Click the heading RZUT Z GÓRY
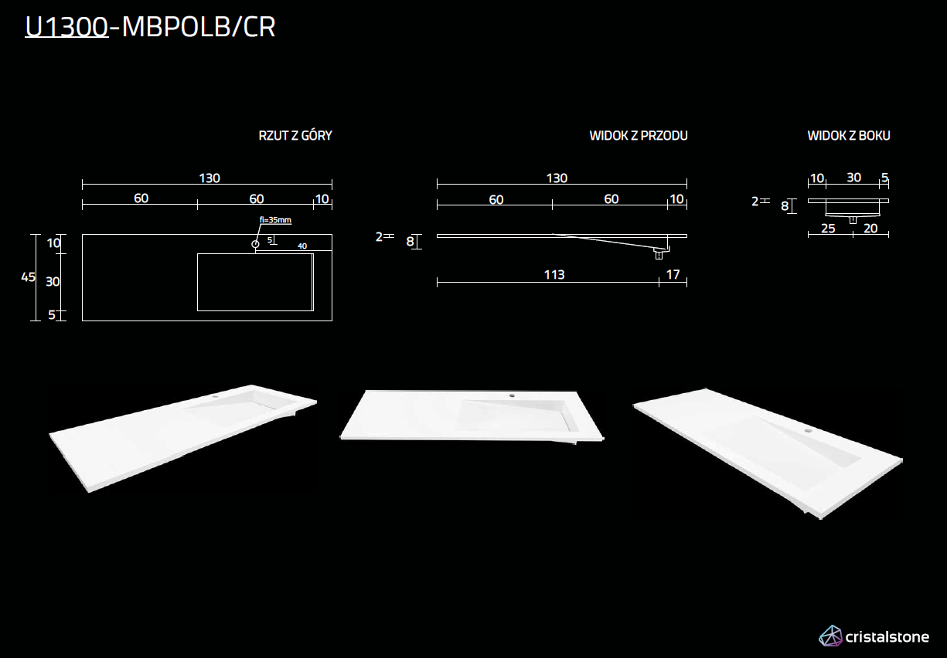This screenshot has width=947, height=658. point(295,136)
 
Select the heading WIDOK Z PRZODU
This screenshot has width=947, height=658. point(638,136)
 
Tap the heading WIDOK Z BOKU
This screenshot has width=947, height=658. point(849,136)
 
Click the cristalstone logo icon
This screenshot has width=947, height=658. point(830,636)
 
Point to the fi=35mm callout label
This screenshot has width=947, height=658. point(276,220)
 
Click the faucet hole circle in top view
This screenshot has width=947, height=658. point(255,244)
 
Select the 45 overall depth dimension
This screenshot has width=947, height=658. point(28,277)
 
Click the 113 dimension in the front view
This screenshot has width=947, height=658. point(554,274)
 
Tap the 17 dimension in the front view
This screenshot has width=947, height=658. point(673,274)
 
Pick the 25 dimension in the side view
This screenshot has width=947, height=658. point(828,229)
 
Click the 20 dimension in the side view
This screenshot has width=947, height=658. point(870,229)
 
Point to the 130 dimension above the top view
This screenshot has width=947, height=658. point(209,178)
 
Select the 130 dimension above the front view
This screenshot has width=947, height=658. point(557,178)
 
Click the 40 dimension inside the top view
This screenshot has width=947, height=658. point(302,246)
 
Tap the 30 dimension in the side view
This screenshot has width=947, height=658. point(853,178)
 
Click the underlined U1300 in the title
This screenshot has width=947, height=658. point(66,27)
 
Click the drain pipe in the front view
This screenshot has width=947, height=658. point(659,253)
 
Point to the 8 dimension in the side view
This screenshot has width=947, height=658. point(785,206)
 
